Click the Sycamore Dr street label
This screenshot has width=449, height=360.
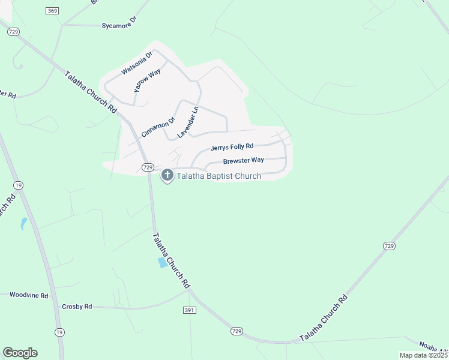click(x=119, y=25)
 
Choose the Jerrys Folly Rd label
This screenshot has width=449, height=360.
click(x=232, y=146)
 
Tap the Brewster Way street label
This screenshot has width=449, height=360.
click(x=243, y=160)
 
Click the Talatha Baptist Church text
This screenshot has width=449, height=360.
click(x=218, y=176)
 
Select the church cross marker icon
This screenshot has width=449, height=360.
click(x=167, y=175)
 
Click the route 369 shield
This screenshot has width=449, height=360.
click(x=52, y=11)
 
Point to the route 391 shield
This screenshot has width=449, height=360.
click(x=190, y=310)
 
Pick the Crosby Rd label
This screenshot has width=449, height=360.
click(x=77, y=306)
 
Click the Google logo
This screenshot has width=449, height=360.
click(x=20, y=353)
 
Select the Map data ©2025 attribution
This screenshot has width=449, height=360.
click(x=423, y=355)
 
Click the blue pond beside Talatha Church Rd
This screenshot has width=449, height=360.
click(x=162, y=263)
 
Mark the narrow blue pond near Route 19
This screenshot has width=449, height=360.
click(x=23, y=224)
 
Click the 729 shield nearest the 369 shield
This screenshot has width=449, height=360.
click(x=13, y=32)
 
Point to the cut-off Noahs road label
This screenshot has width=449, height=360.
click(x=434, y=346)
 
